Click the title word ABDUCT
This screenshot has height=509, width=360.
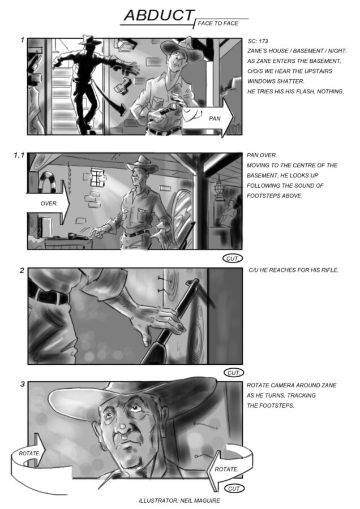pyautogui.click(x=159, y=15)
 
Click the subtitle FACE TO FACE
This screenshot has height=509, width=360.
pyautogui.click(x=218, y=23)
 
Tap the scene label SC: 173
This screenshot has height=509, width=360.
pyautogui.click(x=258, y=41)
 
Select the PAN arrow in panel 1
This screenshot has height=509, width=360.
pyautogui.click(x=208, y=118)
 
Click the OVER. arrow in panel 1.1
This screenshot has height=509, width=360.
pyautogui.click(x=49, y=204)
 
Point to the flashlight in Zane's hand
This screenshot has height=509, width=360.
pyautogui.click(x=169, y=109)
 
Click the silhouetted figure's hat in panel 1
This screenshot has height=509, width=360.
pyautogui.click(x=91, y=40)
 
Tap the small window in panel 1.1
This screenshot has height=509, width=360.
pyautogui.click(x=97, y=177)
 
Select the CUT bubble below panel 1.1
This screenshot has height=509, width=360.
pyautogui.click(x=232, y=258)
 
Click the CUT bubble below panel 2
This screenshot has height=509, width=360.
pyautogui.click(x=234, y=373)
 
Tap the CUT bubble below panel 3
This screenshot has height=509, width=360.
pyautogui.click(x=234, y=488)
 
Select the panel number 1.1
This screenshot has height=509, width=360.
pyautogui.click(x=19, y=156)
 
